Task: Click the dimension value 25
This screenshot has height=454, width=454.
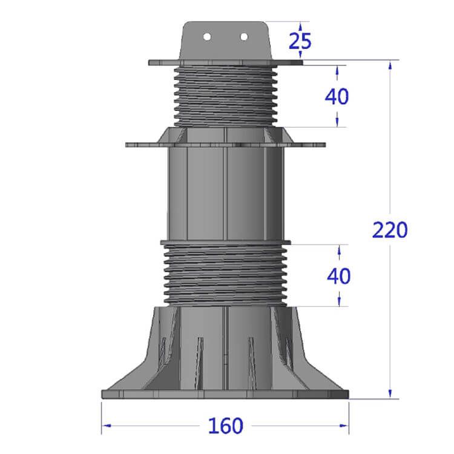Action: point(300,41)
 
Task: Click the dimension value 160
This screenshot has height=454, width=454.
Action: point(225,426)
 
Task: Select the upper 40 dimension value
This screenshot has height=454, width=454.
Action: point(337,96)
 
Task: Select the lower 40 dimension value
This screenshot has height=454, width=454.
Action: point(338,275)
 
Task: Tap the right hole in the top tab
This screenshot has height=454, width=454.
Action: point(244,37)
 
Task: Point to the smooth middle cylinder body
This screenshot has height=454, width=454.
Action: point(225,194)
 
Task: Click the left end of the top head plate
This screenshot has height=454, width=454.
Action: point(150,62)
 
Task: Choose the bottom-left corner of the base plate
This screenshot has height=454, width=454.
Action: point(102,398)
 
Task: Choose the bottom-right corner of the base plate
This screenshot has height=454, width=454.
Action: point(349,398)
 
